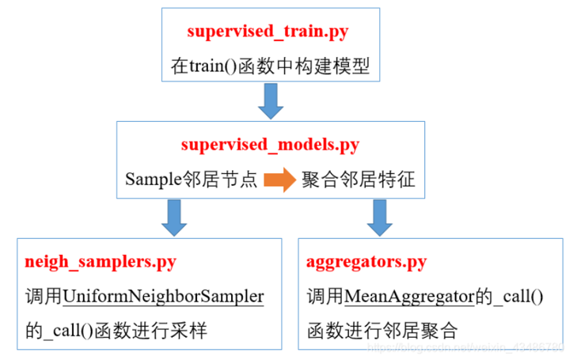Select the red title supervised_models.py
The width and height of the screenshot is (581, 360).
[x=270, y=145]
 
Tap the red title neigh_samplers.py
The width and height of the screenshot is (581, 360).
[x=101, y=262]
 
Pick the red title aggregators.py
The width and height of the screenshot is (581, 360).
[x=366, y=262]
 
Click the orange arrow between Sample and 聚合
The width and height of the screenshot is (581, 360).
[x=279, y=180]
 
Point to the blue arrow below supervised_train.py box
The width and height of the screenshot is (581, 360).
[x=270, y=100]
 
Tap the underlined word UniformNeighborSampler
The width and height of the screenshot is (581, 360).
[x=163, y=296]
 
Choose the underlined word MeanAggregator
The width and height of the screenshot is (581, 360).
[x=408, y=296]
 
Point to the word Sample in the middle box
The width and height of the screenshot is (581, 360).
[x=150, y=180]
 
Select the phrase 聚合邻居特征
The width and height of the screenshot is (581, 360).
[x=358, y=180]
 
